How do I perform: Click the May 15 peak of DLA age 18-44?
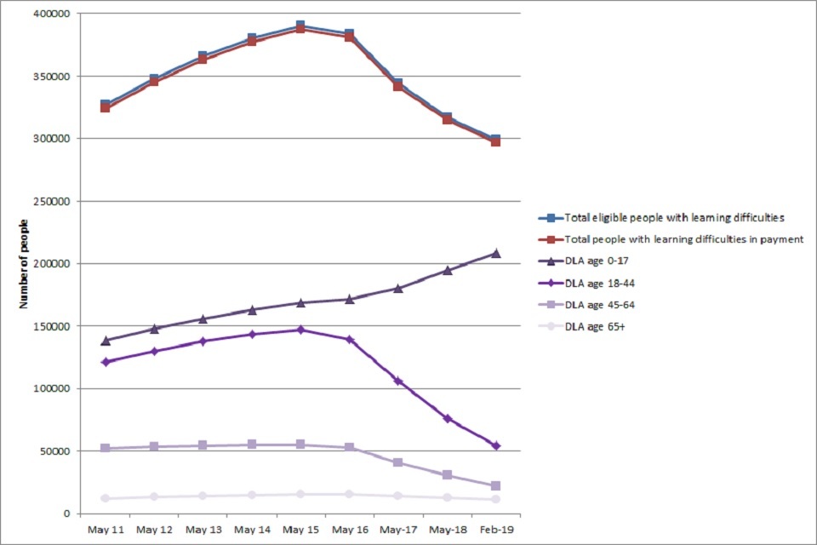pyautogui.click(x=300, y=330)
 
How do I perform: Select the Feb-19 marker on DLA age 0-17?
pyautogui.click(x=495, y=253)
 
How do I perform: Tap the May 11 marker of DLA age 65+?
pyautogui.click(x=105, y=498)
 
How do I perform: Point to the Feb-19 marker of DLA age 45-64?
pyautogui.click(x=495, y=485)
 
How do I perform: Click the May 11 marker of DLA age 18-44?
pyautogui.click(x=105, y=362)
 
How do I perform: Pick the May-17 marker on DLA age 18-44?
pyautogui.click(x=397, y=381)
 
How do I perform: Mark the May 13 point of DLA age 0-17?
pyautogui.click(x=203, y=319)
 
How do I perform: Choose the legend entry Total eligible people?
pyautogui.click(x=672, y=216)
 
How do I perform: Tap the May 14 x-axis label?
pyautogui.click(x=252, y=530)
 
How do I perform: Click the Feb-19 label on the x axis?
pyautogui.click(x=495, y=530)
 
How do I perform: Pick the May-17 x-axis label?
pyautogui.click(x=397, y=530)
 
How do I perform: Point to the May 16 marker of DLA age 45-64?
pyautogui.click(x=349, y=447)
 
